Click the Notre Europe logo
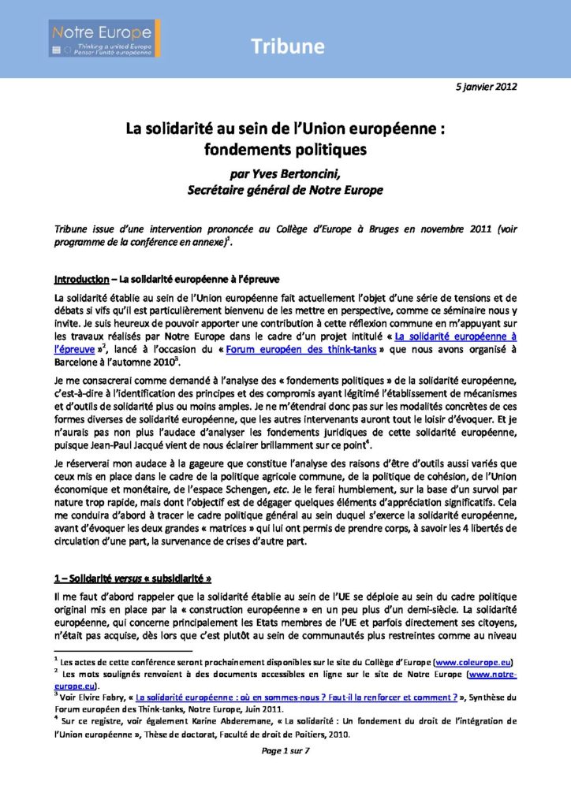click(x=105, y=39)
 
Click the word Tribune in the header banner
click(x=288, y=46)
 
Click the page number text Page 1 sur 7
click(x=285, y=750)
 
